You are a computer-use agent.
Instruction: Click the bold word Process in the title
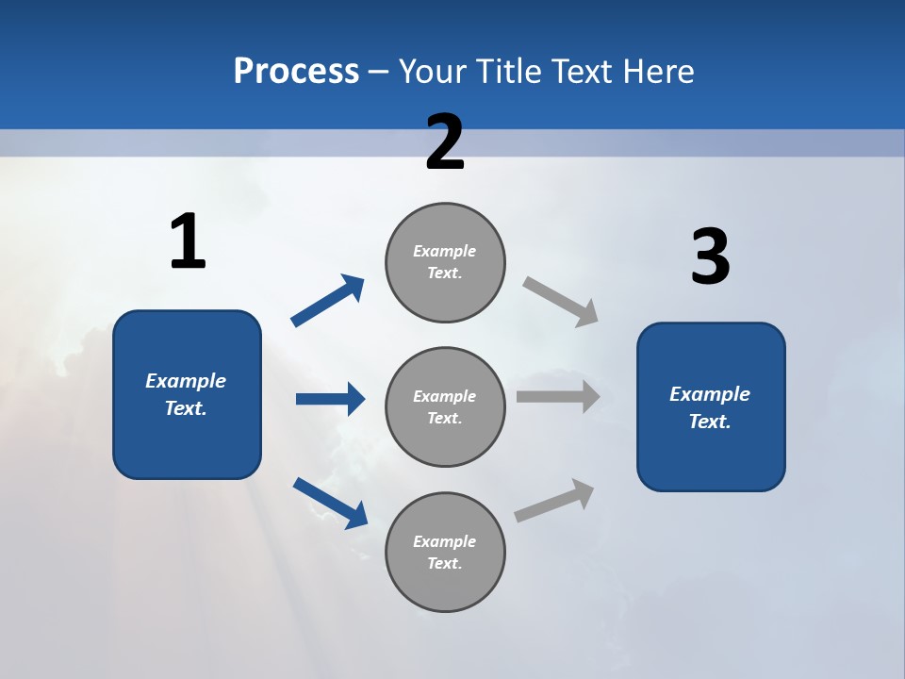296,71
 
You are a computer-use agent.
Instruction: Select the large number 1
188,242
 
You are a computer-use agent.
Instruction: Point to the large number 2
445,142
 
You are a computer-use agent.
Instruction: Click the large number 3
710,257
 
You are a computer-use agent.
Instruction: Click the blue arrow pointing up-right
328,301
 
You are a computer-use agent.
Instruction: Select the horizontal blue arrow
330,399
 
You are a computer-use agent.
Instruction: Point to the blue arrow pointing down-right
330,503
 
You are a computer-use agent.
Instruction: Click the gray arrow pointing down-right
561,301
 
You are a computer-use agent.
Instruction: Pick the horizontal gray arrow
558,396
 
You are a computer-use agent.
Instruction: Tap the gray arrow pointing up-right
554,500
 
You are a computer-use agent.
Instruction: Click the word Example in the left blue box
186,381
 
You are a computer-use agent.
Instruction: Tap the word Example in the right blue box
710,394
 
